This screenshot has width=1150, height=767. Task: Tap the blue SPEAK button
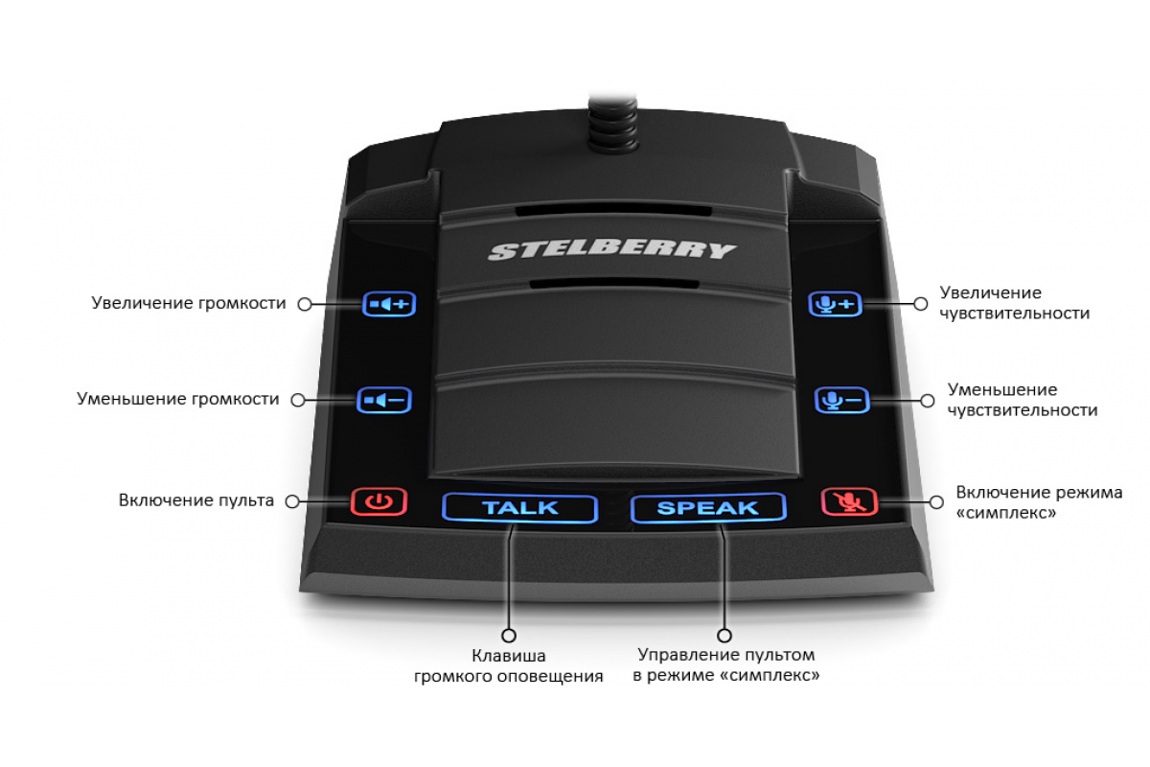click(708, 507)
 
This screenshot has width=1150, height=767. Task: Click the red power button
click(379, 501)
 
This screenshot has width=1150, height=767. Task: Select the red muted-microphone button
click(849, 501)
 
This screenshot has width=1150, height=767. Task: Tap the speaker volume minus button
click(384, 400)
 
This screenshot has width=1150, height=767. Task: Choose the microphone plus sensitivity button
click(835, 304)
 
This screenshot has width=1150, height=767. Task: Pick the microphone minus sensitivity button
click(842, 400)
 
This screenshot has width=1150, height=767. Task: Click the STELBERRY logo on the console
click(612, 251)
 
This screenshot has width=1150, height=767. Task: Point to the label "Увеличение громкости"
click(189, 303)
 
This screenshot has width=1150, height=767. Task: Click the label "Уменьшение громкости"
click(177, 399)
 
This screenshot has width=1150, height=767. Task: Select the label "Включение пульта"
click(196, 500)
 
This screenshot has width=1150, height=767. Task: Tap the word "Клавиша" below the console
click(508, 656)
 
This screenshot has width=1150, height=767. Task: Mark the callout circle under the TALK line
click(509, 636)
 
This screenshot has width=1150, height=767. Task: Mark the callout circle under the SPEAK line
click(724, 636)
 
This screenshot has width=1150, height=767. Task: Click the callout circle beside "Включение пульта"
click(292, 501)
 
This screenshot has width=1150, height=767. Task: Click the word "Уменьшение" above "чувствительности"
click(1002, 390)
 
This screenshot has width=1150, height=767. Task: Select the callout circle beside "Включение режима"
click(936, 502)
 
